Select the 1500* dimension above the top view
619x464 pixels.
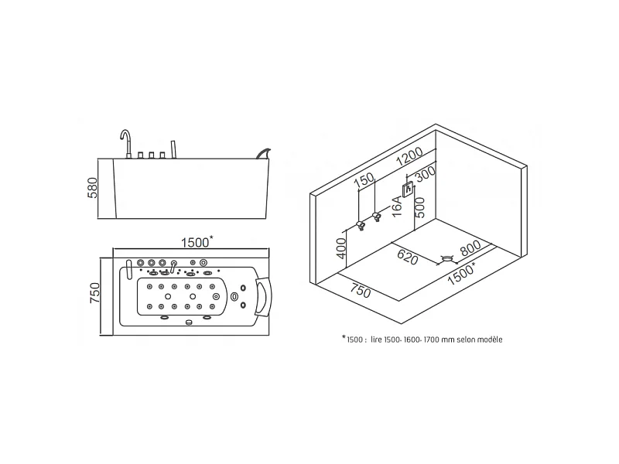click(x=197, y=241)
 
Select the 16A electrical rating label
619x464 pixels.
click(x=397, y=207)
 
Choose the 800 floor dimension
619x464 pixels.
click(x=470, y=250)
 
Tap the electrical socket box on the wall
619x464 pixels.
click(x=407, y=187)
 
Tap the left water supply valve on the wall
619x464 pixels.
click(x=360, y=225)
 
